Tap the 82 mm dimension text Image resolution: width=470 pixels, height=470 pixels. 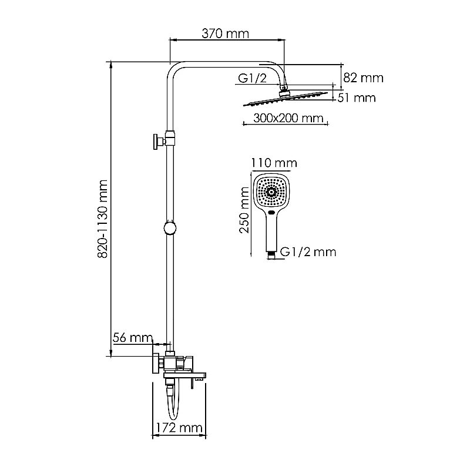coord(364,78)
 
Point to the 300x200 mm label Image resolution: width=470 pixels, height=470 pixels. coord(288,118)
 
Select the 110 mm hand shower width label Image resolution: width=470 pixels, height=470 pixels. coord(274,163)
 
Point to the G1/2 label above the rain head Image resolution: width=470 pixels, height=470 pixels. coord(253,78)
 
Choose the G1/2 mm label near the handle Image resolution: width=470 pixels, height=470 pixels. coord(308,252)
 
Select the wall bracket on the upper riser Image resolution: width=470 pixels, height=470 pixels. coord(159,141)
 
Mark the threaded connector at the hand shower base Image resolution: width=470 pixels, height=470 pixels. coord(272,254)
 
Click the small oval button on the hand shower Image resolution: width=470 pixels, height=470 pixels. coord(271,212)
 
